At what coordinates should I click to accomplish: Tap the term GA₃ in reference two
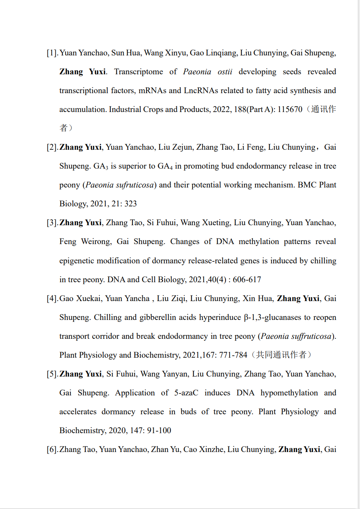click(101, 166)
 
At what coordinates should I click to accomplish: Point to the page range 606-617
click(247, 280)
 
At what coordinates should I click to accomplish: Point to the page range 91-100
click(159, 431)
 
